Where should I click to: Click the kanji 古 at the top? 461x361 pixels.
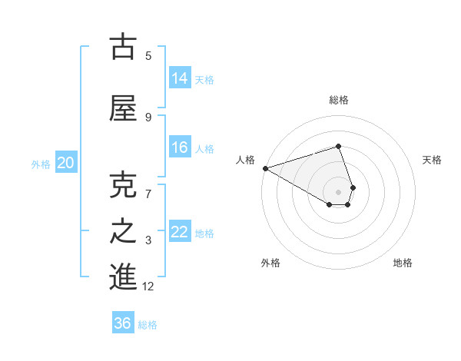123,47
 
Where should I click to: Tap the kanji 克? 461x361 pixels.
123,186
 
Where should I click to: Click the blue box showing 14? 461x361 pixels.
180,78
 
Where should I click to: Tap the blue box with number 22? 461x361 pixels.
180,231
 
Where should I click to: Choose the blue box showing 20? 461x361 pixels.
66,162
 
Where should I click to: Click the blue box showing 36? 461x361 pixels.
123,323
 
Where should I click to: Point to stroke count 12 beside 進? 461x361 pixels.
148,286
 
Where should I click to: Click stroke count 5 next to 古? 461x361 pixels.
148,55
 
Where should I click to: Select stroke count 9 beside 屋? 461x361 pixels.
148,117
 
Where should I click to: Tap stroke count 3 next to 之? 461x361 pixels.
148,240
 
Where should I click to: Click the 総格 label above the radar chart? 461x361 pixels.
338,100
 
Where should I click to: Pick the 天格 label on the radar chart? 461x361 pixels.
433,160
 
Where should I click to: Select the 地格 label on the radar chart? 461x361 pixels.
403,263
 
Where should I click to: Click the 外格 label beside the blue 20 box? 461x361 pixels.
41,164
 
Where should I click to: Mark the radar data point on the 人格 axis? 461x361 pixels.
265,168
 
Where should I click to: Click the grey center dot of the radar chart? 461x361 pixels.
338,191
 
